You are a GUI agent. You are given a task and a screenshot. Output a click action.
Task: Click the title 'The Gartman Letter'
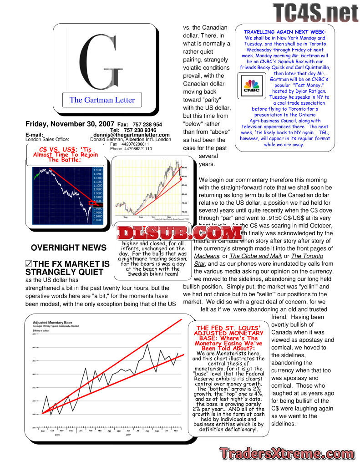coord(102,100)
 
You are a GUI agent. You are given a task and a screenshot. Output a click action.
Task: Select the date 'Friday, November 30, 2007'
coord(70,124)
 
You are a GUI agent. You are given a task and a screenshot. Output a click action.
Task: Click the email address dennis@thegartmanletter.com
coord(132,135)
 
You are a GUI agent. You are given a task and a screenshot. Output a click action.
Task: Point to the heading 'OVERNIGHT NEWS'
coord(69,248)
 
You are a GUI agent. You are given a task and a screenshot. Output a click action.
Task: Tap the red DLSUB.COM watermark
coord(179,233)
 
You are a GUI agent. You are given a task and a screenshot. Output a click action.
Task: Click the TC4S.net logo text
coord(316,12)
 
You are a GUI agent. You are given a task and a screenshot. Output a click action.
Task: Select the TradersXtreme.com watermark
coord(287,453)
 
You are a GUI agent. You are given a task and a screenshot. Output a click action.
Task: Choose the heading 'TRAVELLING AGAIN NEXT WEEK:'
coord(285,32)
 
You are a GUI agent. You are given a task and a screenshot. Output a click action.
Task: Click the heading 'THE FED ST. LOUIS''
coord(228,328)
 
